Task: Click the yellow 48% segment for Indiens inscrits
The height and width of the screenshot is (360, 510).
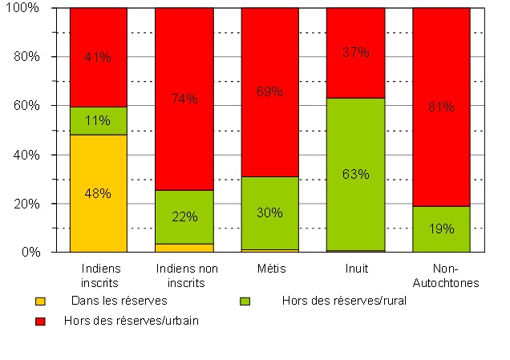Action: pyautogui.click(x=98, y=193)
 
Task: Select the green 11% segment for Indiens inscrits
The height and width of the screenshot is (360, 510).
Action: pyautogui.click(x=98, y=121)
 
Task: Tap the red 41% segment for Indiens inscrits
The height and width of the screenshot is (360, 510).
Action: pyautogui.click(x=98, y=57)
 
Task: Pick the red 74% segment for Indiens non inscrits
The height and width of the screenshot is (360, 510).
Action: pyautogui.click(x=184, y=99)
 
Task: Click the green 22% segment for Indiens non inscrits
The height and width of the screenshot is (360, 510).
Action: pyautogui.click(x=184, y=217)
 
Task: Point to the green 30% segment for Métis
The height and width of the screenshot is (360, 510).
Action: pyautogui.click(x=269, y=213)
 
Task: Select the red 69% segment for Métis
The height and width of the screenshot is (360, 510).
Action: pyautogui.click(x=269, y=91)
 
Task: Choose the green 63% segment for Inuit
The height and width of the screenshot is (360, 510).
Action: pyautogui.click(x=355, y=174)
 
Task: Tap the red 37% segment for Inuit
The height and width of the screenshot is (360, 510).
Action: pyautogui.click(x=355, y=53)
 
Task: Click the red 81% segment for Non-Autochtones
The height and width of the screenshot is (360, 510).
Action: pyautogui.click(x=440, y=107)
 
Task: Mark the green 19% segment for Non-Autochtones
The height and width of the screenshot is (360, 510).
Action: pyautogui.click(x=440, y=229)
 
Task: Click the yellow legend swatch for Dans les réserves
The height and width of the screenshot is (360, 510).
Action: pyautogui.click(x=40, y=301)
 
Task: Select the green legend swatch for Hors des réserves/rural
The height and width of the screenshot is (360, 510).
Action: pyautogui.click(x=246, y=301)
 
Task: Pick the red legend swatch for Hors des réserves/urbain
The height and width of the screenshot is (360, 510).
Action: pyautogui.click(x=40, y=321)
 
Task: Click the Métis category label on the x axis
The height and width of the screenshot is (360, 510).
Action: pyautogui.click(x=269, y=269)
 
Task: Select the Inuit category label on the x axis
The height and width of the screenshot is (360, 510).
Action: pyautogui.click(x=355, y=269)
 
